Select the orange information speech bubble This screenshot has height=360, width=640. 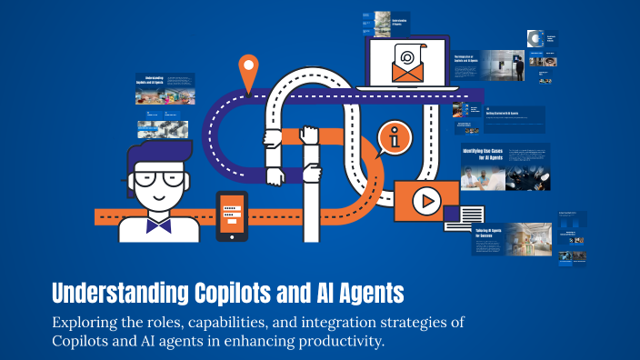pos(396,138)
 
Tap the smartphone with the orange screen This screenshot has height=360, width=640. pos(231,215)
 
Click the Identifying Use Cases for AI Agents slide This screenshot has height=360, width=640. pos(505,165)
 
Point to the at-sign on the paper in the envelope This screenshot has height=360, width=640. pos(408,55)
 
